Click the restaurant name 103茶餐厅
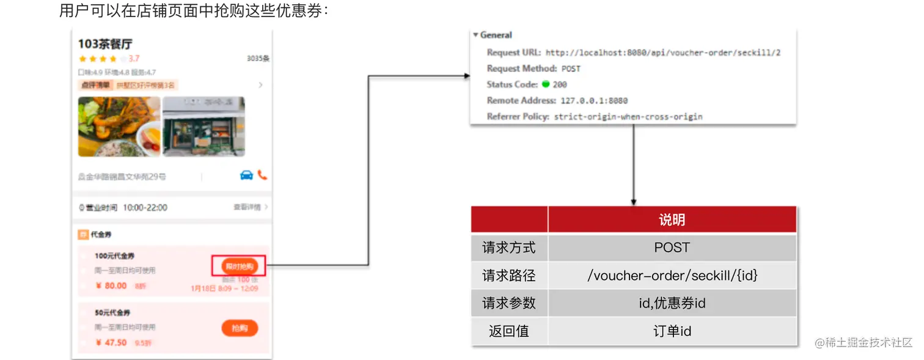tap(105, 44)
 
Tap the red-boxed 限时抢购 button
tap(239, 266)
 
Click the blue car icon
tap(246, 175)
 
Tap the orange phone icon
tap(262, 175)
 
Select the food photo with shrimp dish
tap(119, 127)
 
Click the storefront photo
tap(204, 127)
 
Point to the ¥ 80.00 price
tap(111, 285)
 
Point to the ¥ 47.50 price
tap(111, 342)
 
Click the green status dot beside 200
tap(546, 84)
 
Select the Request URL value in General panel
tap(662, 53)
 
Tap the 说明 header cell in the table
tap(672, 220)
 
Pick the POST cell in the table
tap(672, 248)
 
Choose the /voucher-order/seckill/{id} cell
tap(672, 276)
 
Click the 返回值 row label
tap(508, 331)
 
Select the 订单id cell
tap(672, 331)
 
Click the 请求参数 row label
tap(508, 303)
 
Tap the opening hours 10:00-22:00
tap(145, 208)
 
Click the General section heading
tap(496, 35)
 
